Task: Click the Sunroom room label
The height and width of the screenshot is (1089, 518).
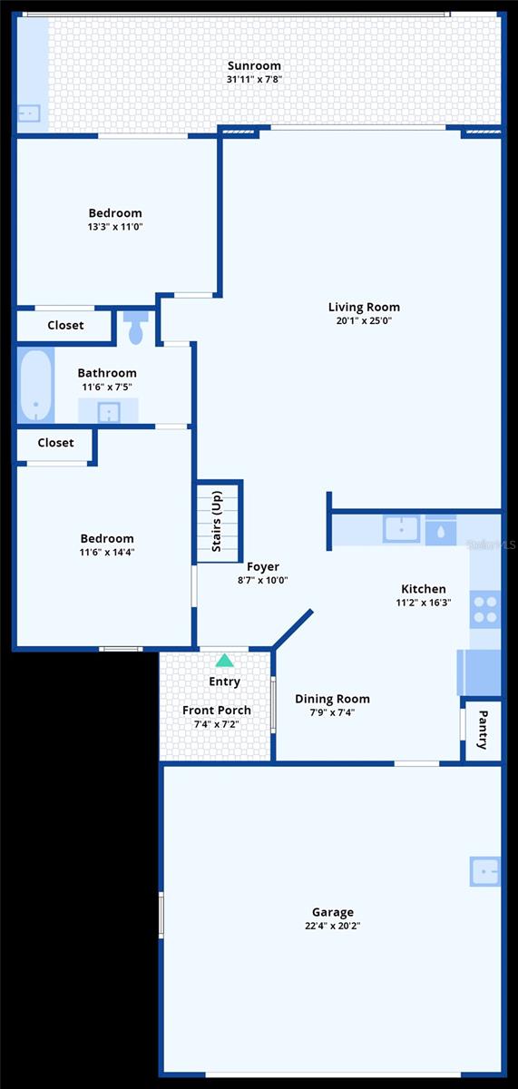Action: tap(253, 65)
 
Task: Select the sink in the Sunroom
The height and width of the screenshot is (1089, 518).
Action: tap(28, 113)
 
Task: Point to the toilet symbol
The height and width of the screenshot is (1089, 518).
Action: tap(136, 329)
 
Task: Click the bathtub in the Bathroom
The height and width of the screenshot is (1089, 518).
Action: tap(35, 386)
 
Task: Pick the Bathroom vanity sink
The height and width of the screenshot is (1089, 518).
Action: tap(108, 412)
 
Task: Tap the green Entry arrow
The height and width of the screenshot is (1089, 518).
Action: tap(224, 661)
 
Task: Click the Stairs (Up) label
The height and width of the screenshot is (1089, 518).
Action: tap(218, 522)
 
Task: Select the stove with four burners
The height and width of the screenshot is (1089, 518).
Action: tap(485, 608)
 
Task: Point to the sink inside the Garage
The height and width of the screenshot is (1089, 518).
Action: tap(484, 871)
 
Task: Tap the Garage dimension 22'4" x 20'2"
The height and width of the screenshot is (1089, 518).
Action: tap(332, 926)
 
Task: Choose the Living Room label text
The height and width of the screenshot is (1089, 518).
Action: tap(364, 307)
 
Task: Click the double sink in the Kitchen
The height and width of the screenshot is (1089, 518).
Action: tap(401, 529)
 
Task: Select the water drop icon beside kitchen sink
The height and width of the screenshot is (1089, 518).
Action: tap(441, 530)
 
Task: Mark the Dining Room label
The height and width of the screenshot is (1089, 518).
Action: tap(332, 699)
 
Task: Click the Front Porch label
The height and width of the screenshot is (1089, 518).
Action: tap(217, 710)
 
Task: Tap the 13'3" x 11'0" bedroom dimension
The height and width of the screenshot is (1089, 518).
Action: tap(114, 227)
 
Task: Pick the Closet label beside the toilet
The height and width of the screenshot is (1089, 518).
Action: tap(65, 325)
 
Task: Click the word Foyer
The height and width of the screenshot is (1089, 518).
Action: tap(263, 567)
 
